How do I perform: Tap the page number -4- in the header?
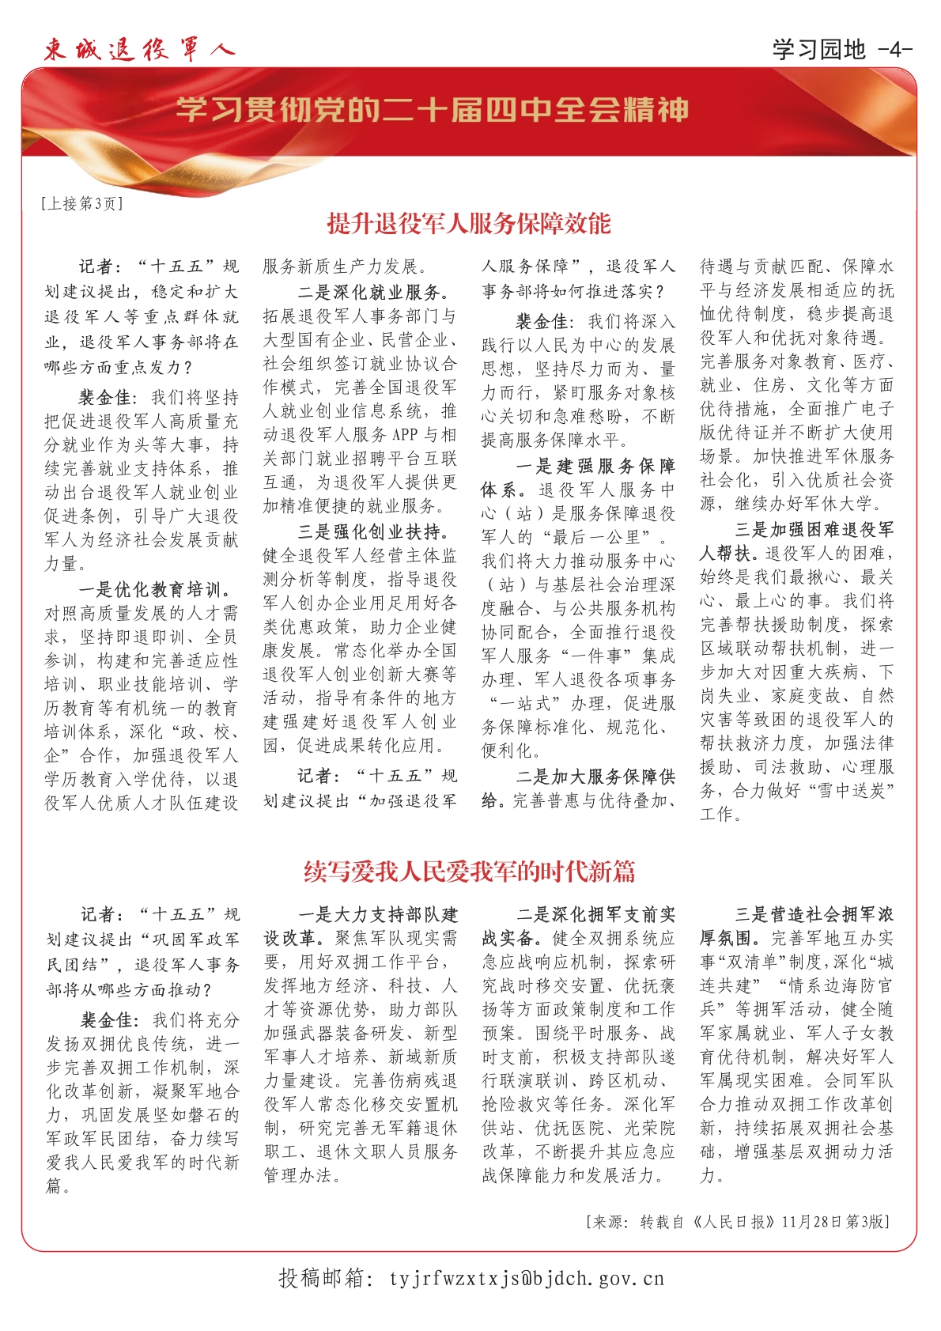(x=895, y=50)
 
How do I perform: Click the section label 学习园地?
(x=818, y=50)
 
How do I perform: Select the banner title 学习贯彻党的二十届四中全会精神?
(x=432, y=110)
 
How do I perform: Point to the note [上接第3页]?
(x=82, y=204)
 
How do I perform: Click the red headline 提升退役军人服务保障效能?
(x=469, y=224)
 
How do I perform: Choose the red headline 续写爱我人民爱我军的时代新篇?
(x=469, y=872)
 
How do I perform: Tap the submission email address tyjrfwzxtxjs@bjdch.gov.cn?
(x=527, y=1279)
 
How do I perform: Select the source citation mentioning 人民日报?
(x=739, y=1222)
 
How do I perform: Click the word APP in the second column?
(x=404, y=434)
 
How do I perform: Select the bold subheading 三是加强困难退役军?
(x=814, y=529)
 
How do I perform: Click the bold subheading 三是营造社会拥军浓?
(x=814, y=915)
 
